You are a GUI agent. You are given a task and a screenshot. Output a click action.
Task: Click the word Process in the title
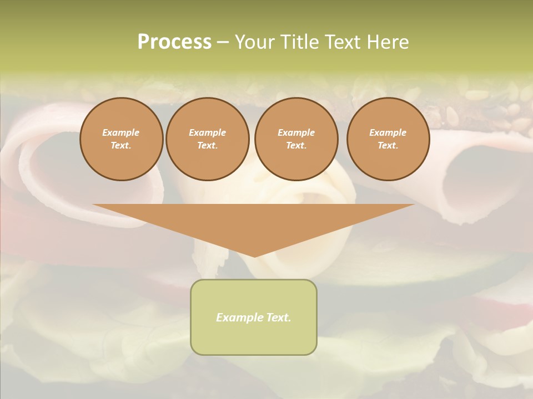tap(174, 42)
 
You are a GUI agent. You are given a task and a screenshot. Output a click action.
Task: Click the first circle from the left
tap(121, 139)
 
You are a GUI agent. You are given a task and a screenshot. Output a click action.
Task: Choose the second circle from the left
tap(207, 139)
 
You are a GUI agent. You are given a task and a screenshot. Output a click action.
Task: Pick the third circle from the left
tap(296, 139)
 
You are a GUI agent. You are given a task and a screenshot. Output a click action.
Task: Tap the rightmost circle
tap(388, 139)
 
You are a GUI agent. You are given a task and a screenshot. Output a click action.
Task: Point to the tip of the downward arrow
tap(254, 255)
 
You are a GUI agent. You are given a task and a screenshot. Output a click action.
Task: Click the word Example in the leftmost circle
tap(121, 133)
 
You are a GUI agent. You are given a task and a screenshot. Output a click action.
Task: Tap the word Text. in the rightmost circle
tap(388, 146)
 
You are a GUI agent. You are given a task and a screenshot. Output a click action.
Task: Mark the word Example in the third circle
tap(296, 133)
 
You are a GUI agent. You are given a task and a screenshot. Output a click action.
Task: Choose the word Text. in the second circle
tap(207, 146)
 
